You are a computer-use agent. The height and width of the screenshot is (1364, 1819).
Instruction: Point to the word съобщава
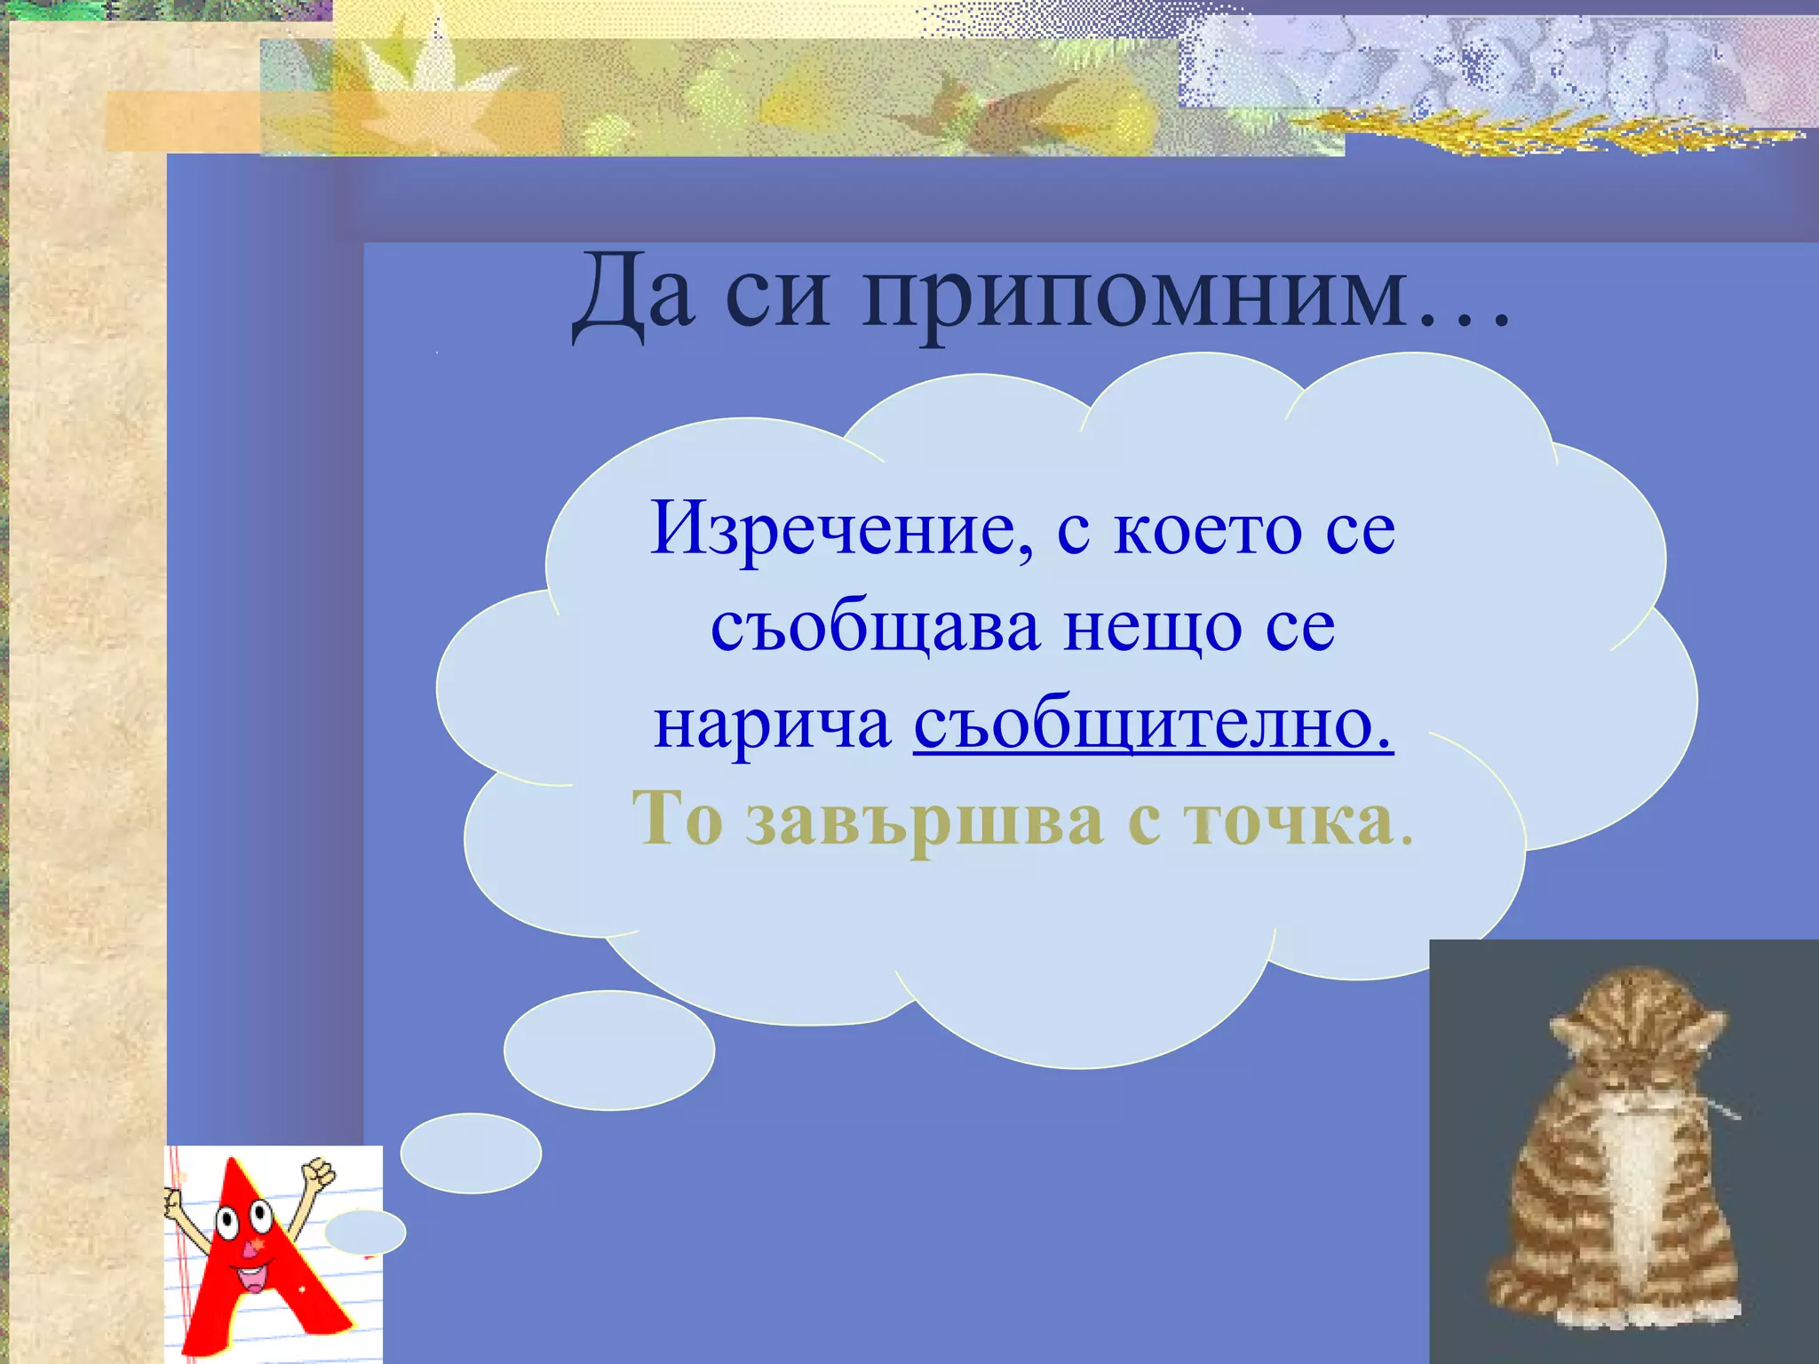tap(875, 628)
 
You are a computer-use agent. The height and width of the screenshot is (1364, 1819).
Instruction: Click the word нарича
tap(773, 724)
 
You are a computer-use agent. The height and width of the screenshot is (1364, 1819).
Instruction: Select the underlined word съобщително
tap(1152, 724)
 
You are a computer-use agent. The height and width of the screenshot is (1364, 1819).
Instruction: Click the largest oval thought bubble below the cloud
tap(609, 1050)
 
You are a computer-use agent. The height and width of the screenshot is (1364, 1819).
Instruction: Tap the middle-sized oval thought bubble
tap(471, 1153)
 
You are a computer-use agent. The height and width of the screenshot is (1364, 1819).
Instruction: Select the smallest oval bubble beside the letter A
tap(365, 1233)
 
